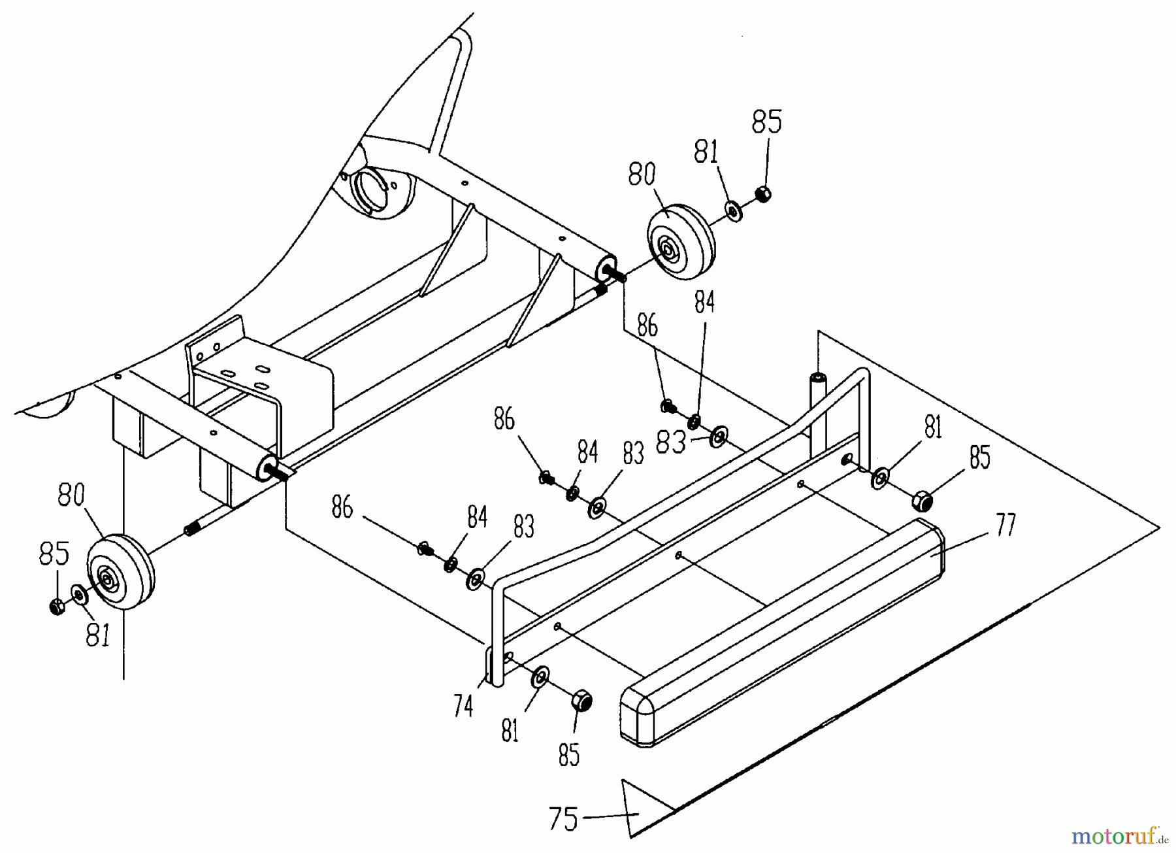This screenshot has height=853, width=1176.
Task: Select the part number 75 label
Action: pyautogui.click(x=564, y=820)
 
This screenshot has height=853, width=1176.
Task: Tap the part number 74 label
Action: pyautogui.click(x=463, y=706)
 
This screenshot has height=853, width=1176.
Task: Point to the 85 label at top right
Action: pyautogui.click(x=767, y=122)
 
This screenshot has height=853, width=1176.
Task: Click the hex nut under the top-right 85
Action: pyautogui.click(x=762, y=193)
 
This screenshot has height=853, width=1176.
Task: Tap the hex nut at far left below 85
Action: pyautogui.click(x=57, y=607)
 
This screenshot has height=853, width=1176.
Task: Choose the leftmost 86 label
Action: pyautogui.click(x=342, y=507)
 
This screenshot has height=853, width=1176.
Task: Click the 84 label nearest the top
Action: pyautogui.click(x=704, y=302)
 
